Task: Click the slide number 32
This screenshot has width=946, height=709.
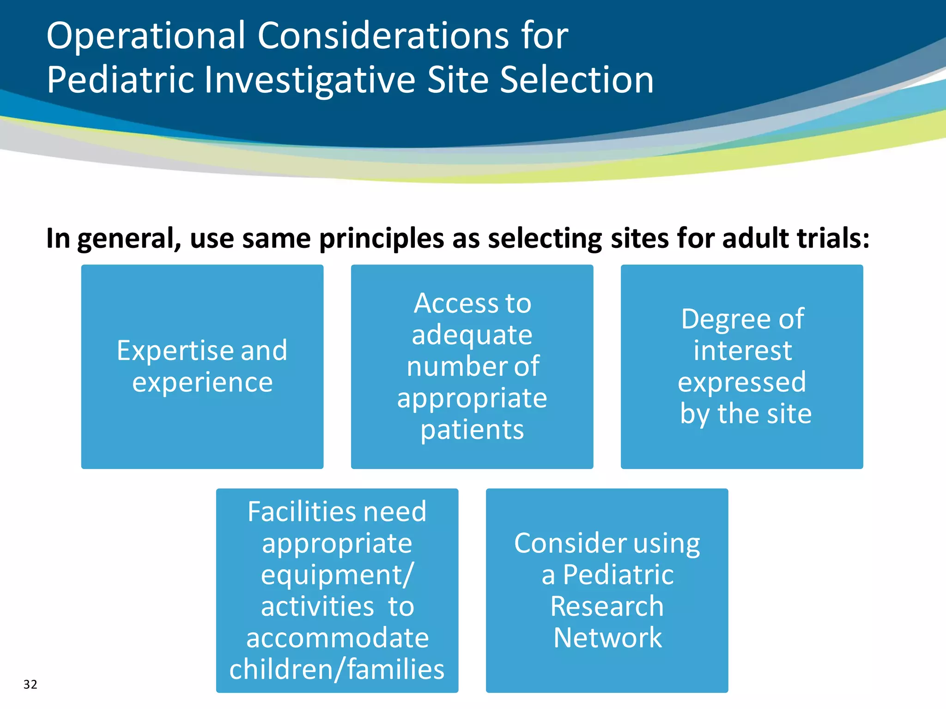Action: (x=30, y=684)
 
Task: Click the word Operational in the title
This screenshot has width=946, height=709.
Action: (x=146, y=36)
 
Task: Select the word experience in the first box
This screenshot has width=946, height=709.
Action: (x=202, y=383)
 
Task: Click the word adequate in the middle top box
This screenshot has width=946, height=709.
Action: (x=472, y=335)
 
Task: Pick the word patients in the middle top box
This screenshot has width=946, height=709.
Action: (x=472, y=430)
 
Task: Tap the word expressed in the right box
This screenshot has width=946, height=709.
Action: (x=741, y=382)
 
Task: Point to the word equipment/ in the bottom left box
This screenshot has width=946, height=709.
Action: (x=337, y=575)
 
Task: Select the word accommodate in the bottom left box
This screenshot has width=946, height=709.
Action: (x=337, y=638)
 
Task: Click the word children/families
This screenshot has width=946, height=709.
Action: (x=337, y=669)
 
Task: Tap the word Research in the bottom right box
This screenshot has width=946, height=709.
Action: (x=606, y=606)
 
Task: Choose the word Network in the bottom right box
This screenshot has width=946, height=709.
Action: (x=607, y=637)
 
